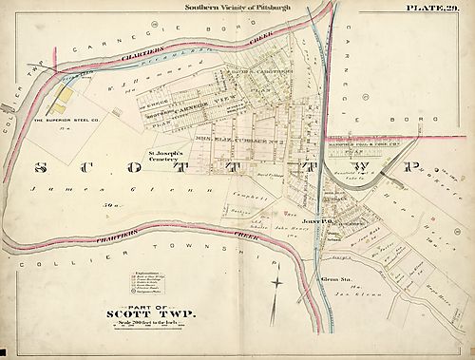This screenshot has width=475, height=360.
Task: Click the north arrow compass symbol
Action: (x=275, y=282)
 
